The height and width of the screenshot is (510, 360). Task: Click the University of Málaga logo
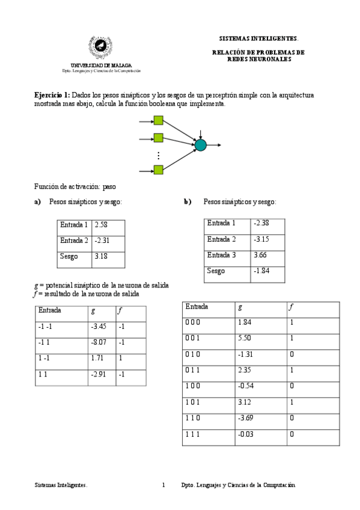point(101,45)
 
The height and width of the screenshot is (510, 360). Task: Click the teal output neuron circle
point(200,145)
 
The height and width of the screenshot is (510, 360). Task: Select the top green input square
point(159,120)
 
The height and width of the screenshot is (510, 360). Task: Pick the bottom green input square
point(159,170)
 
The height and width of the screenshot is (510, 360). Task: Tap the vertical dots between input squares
point(159,155)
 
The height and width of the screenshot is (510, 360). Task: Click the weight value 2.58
point(100,225)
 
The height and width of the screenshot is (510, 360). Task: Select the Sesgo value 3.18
point(100,256)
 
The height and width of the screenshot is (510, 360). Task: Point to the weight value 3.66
point(260,255)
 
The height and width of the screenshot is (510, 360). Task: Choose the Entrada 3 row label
point(221,255)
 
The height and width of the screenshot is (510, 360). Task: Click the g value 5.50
point(245,339)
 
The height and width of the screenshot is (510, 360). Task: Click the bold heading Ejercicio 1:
point(52,96)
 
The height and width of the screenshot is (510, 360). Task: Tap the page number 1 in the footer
point(163,484)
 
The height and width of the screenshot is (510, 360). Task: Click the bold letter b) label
point(188,201)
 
